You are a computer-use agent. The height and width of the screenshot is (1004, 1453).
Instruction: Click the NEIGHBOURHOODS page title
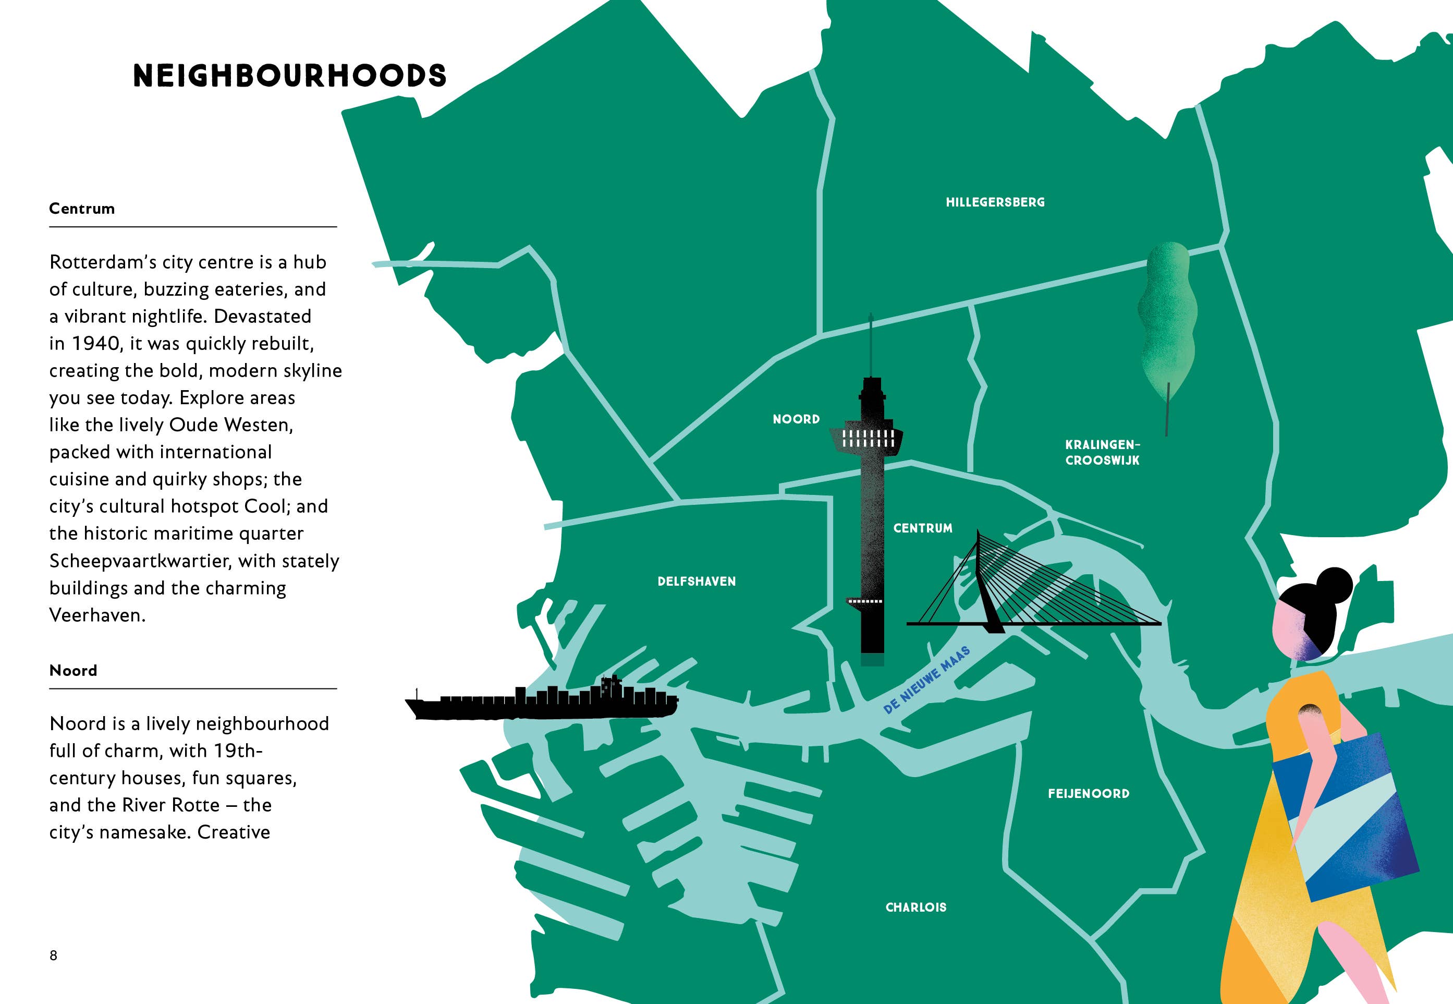tap(289, 76)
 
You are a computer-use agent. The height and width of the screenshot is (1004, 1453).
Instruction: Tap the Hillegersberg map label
tap(995, 202)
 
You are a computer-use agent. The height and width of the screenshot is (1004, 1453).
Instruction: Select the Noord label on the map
tap(796, 419)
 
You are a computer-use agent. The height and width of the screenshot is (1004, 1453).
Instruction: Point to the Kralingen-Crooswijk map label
tap(1102, 452)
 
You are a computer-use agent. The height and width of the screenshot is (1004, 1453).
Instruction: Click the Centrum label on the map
tap(922, 528)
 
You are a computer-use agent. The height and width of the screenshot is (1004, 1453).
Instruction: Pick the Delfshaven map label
tap(696, 581)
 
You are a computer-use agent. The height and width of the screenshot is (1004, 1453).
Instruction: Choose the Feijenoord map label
tap(1089, 793)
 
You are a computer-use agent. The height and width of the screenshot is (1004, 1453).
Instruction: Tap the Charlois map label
tap(915, 907)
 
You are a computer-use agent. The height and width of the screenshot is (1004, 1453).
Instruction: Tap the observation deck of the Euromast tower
tap(867, 439)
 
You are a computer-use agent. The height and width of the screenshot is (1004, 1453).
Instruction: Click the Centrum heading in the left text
tap(82, 209)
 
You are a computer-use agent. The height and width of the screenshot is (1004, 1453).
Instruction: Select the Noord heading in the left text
tap(73, 671)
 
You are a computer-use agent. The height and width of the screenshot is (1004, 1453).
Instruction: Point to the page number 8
tap(54, 955)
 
